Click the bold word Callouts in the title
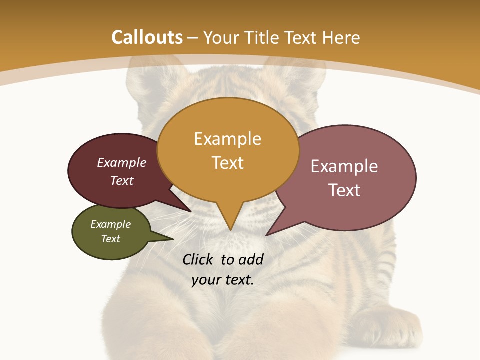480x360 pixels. coord(147,37)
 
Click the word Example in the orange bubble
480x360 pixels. coord(227,139)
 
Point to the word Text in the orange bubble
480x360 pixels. coord(227,163)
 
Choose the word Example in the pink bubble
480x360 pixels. coord(344,166)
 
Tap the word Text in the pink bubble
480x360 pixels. coord(344,190)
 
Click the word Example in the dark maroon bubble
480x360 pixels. coord(122,162)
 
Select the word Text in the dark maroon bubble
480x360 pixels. coord(122,180)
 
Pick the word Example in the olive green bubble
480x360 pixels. coord(111,224)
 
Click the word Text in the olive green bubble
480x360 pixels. coord(111,239)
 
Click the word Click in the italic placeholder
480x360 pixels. coord(199,259)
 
